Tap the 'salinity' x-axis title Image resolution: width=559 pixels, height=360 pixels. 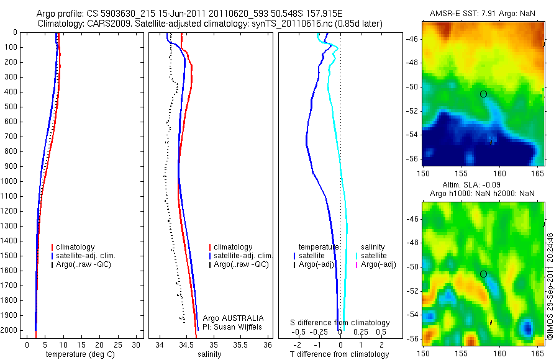pos(209,354)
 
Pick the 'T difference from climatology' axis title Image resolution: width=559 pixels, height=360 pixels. pos(339,354)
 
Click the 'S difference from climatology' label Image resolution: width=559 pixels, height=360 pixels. pos(340,323)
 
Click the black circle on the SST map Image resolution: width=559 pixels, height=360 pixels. pos(483,94)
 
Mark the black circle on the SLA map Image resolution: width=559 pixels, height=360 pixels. pos(483,274)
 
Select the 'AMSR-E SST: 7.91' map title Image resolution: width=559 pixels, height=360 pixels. pos(460,14)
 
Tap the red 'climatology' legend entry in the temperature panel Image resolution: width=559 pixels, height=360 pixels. pos(77,247)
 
